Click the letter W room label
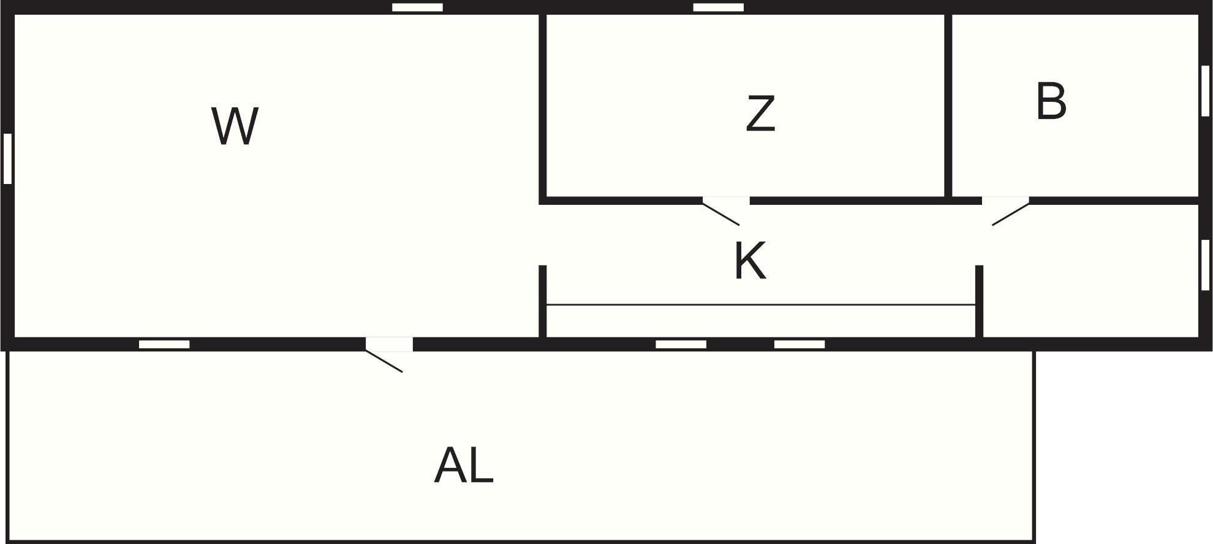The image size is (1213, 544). point(235,126)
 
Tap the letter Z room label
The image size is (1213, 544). point(760,113)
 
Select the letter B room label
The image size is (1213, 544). point(1051,101)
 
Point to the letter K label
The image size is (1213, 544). point(750,261)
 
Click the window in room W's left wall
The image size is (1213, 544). point(7,158)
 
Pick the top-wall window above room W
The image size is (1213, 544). point(417,7)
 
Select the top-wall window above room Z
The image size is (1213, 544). point(719,7)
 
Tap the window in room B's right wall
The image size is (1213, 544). point(1205,91)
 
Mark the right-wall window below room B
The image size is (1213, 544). point(1205,265)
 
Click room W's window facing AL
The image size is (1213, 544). point(164,344)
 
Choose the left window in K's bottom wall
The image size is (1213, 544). point(681,344)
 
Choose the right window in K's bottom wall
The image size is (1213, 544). point(799,344)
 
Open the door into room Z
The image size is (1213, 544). point(726,210)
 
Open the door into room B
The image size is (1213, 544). point(1006,210)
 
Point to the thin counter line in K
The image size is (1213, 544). point(760,305)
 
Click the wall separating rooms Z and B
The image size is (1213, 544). point(948,105)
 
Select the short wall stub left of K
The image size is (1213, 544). point(542,301)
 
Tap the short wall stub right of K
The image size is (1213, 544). point(979,301)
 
